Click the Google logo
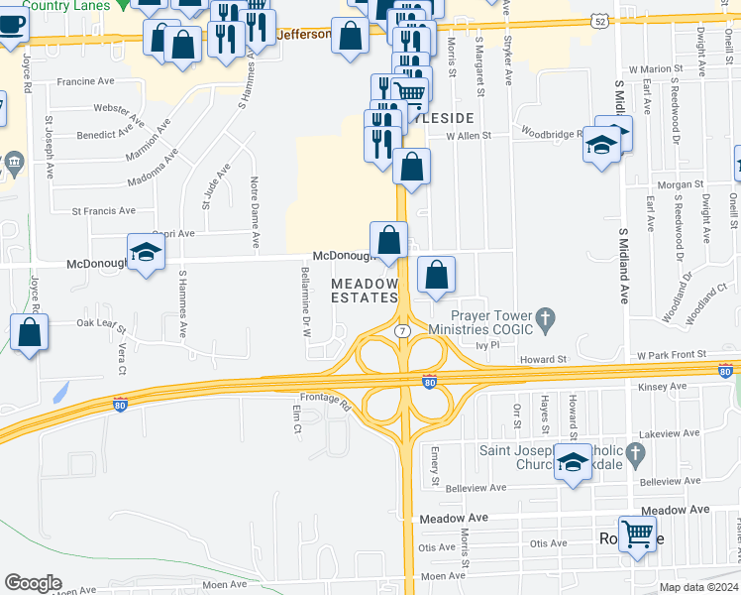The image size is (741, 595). click(x=33, y=583)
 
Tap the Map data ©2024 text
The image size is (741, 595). click(x=697, y=587)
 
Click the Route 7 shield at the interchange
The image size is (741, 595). click(x=402, y=329)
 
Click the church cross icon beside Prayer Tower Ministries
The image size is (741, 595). click(x=543, y=319)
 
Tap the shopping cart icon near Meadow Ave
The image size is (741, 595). click(x=638, y=534)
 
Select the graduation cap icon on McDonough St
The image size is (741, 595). click(x=146, y=251)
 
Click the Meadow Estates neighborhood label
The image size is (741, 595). click(x=363, y=291)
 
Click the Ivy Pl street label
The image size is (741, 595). click(x=484, y=345)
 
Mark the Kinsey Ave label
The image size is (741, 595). click(x=663, y=387)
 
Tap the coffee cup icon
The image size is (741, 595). click(x=10, y=23)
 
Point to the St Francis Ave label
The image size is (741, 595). click(x=103, y=211)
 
